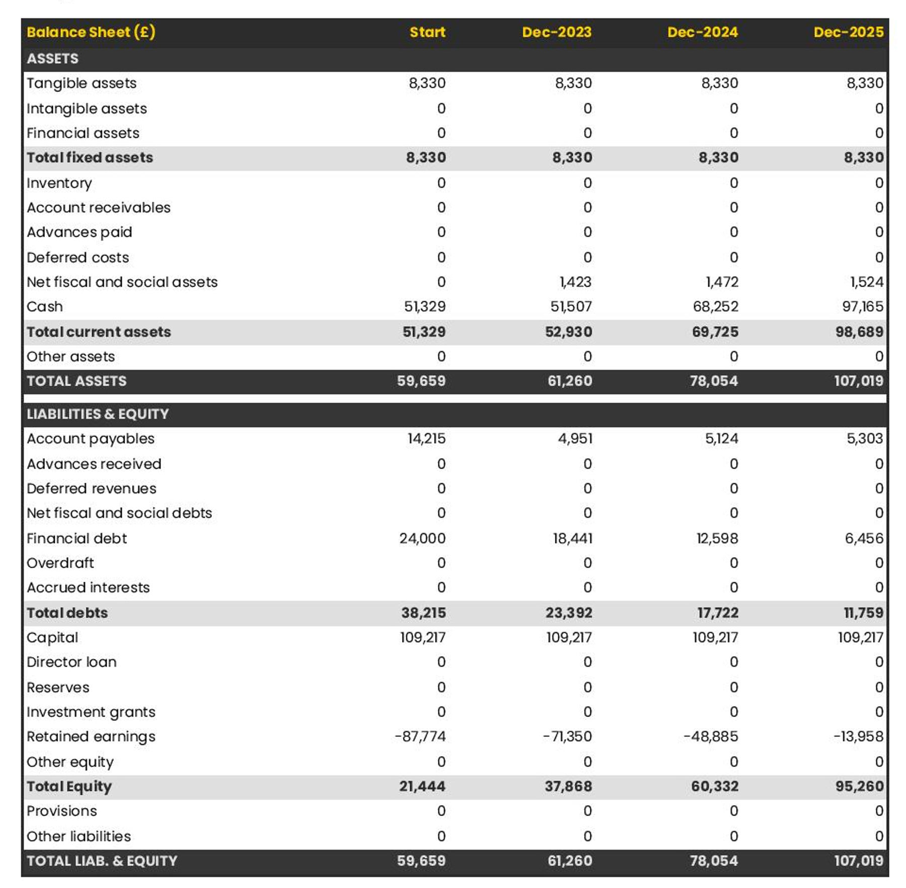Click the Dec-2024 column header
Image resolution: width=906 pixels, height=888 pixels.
coord(702,32)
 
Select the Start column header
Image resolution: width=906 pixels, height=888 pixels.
coord(427,32)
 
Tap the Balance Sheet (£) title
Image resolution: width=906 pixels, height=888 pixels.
coord(91,32)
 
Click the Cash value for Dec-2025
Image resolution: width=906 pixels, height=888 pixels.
coord(862,306)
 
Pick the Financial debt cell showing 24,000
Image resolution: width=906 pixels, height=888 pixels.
coord(422,538)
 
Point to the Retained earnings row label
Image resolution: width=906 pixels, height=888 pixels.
coord(91,736)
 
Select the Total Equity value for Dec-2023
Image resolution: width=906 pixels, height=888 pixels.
coord(568,786)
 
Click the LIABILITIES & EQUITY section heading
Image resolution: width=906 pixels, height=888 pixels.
coord(98,414)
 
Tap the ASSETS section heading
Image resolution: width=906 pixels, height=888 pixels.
coord(52,59)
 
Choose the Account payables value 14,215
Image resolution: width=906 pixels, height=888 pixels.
coord(426,438)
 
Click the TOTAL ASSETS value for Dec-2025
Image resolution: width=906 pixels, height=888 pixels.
coord(859,381)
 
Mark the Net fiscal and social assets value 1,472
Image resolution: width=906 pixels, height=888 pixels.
coord(722,282)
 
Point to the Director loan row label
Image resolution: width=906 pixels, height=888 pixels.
coord(71,662)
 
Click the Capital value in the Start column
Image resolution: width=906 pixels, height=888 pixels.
coord(423,637)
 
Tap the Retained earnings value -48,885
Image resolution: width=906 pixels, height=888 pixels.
coord(711,736)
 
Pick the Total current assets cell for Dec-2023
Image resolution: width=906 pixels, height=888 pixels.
coord(568,332)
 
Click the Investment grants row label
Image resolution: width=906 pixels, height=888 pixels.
coord(91,712)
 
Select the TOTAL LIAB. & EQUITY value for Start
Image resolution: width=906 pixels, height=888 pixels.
coord(421,860)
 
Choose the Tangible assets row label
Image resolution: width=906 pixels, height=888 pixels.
coord(82,83)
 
